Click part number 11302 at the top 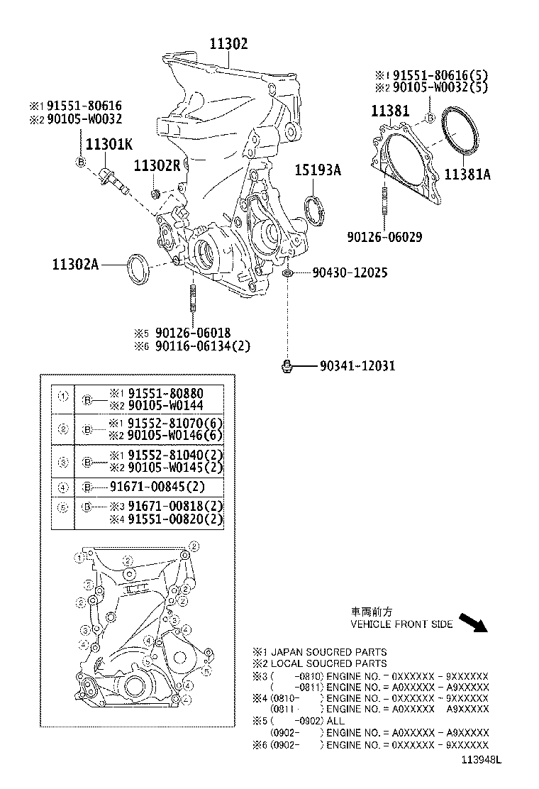click(x=228, y=44)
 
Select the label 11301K click(x=109, y=145)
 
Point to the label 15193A click(x=318, y=170)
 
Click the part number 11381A click(x=467, y=174)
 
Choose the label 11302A click(x=75, y=265)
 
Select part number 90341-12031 click(x=357, y=366)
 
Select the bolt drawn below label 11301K click(x=116, y=180)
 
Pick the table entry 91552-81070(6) click(x=165, y=424)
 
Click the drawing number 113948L click(x=479, y=760)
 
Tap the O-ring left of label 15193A click(x=313, y=210)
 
